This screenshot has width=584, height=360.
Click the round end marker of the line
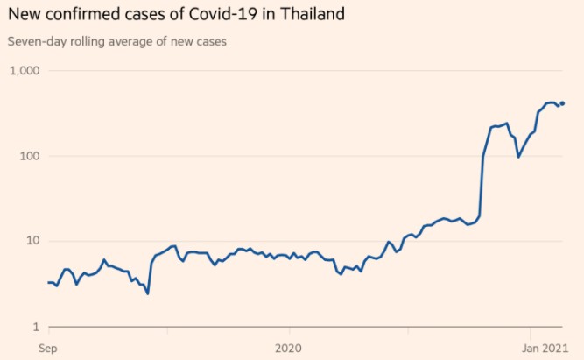(562, 103)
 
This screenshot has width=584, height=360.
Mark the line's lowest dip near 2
(147, 293)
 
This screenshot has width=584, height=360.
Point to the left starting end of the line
(47, 282)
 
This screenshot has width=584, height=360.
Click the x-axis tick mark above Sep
(47, 331)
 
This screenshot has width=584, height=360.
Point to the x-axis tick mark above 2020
(288, 331)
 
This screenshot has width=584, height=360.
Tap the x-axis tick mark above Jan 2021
(530, 331)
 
